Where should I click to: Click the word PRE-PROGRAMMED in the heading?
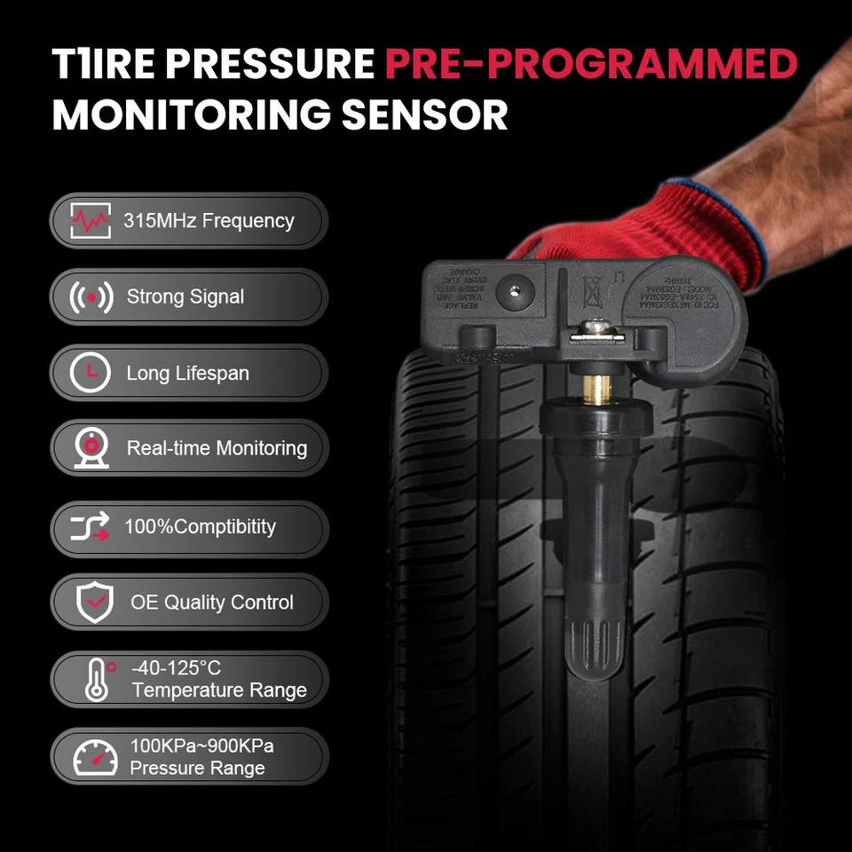(x=591, y=65)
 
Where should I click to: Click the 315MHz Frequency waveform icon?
(x=91, y=220)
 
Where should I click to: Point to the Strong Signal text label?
(x=185, y=296)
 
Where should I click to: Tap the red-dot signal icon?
(x=91, y=297)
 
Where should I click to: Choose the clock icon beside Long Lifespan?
(x=91, y=374)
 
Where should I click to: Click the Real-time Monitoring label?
(x=217, y=448)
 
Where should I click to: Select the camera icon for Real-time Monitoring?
(x=91, y=449)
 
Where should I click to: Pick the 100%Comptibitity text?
(x=200, y=526)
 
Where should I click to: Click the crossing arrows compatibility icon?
(x=91, y=526)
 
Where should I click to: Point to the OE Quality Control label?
(x=211, y=603)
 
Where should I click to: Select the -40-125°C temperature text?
(x=176, y=667)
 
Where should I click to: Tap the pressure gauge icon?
(x=95, y=756)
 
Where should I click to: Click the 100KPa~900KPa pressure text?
(x=201, y=745)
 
